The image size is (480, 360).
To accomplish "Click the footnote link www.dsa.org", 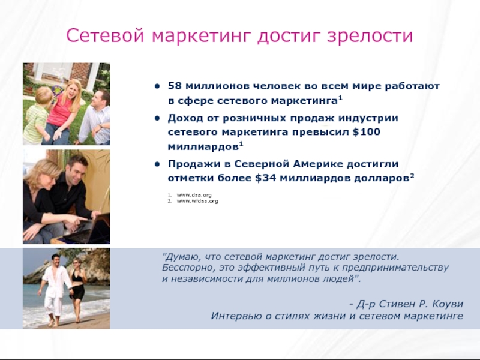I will click(190, 194).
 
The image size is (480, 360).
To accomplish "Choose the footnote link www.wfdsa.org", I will click(193, 201).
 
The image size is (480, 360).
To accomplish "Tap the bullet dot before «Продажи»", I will click(157, 164).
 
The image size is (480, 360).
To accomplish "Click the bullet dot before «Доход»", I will click(157, 117).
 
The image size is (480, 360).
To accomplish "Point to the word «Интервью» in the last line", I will click(233, 316).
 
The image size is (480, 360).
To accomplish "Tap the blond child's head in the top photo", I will click(43, 95).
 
